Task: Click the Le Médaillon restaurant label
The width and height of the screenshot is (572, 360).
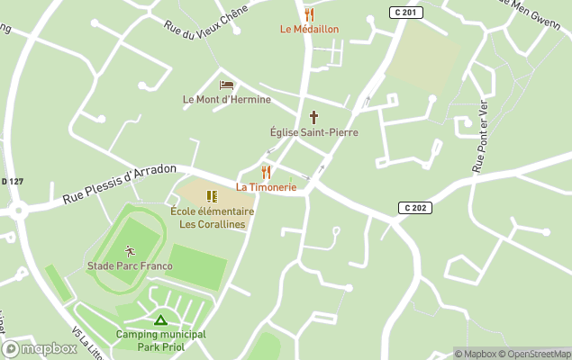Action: coord(309,29)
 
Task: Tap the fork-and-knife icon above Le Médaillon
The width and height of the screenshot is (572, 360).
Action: coord(310,14)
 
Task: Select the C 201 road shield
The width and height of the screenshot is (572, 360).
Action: coord(406,12)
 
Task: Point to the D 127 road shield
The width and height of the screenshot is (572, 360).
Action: coord(11,182)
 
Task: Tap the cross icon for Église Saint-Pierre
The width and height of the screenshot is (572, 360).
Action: coord(313,117)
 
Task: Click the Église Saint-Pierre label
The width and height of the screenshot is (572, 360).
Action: coord(313,132)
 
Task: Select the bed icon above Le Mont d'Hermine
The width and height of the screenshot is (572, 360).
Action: coord(226,85)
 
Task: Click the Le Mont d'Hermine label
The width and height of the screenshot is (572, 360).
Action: coord(226,99)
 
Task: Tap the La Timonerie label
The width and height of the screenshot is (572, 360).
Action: coord(266,186)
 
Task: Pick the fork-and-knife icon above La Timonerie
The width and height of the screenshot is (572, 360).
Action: coord(266,171)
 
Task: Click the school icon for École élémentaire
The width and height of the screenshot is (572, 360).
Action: coord(212,196)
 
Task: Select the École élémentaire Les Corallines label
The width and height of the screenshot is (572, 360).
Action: coord(212,218)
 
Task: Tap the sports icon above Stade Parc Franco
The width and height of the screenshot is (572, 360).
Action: coord(129,251)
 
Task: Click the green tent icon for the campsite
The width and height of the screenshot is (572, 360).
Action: coord(160,319)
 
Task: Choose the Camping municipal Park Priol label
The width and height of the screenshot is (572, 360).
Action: coord(160,340)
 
